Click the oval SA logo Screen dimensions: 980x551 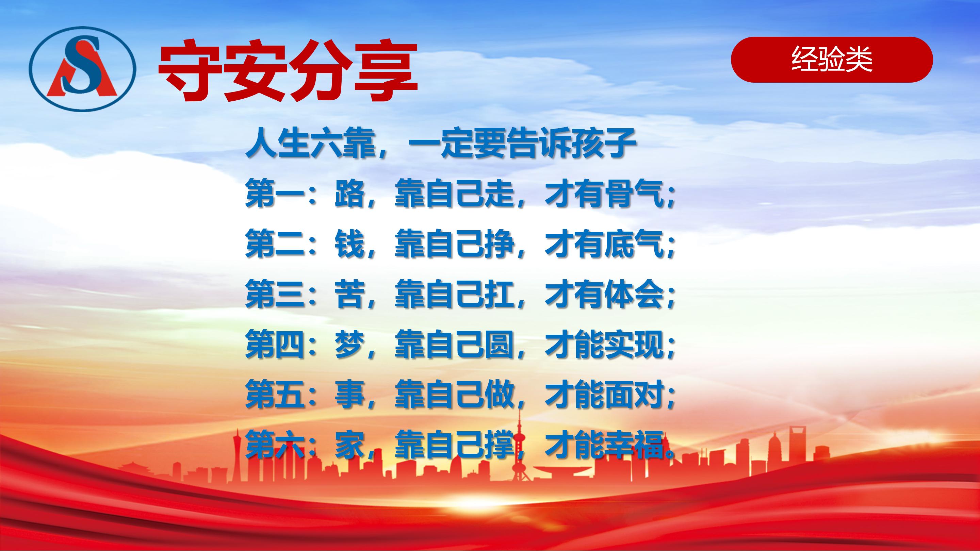(82, 68)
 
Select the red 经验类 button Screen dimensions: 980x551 (832, 60)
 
